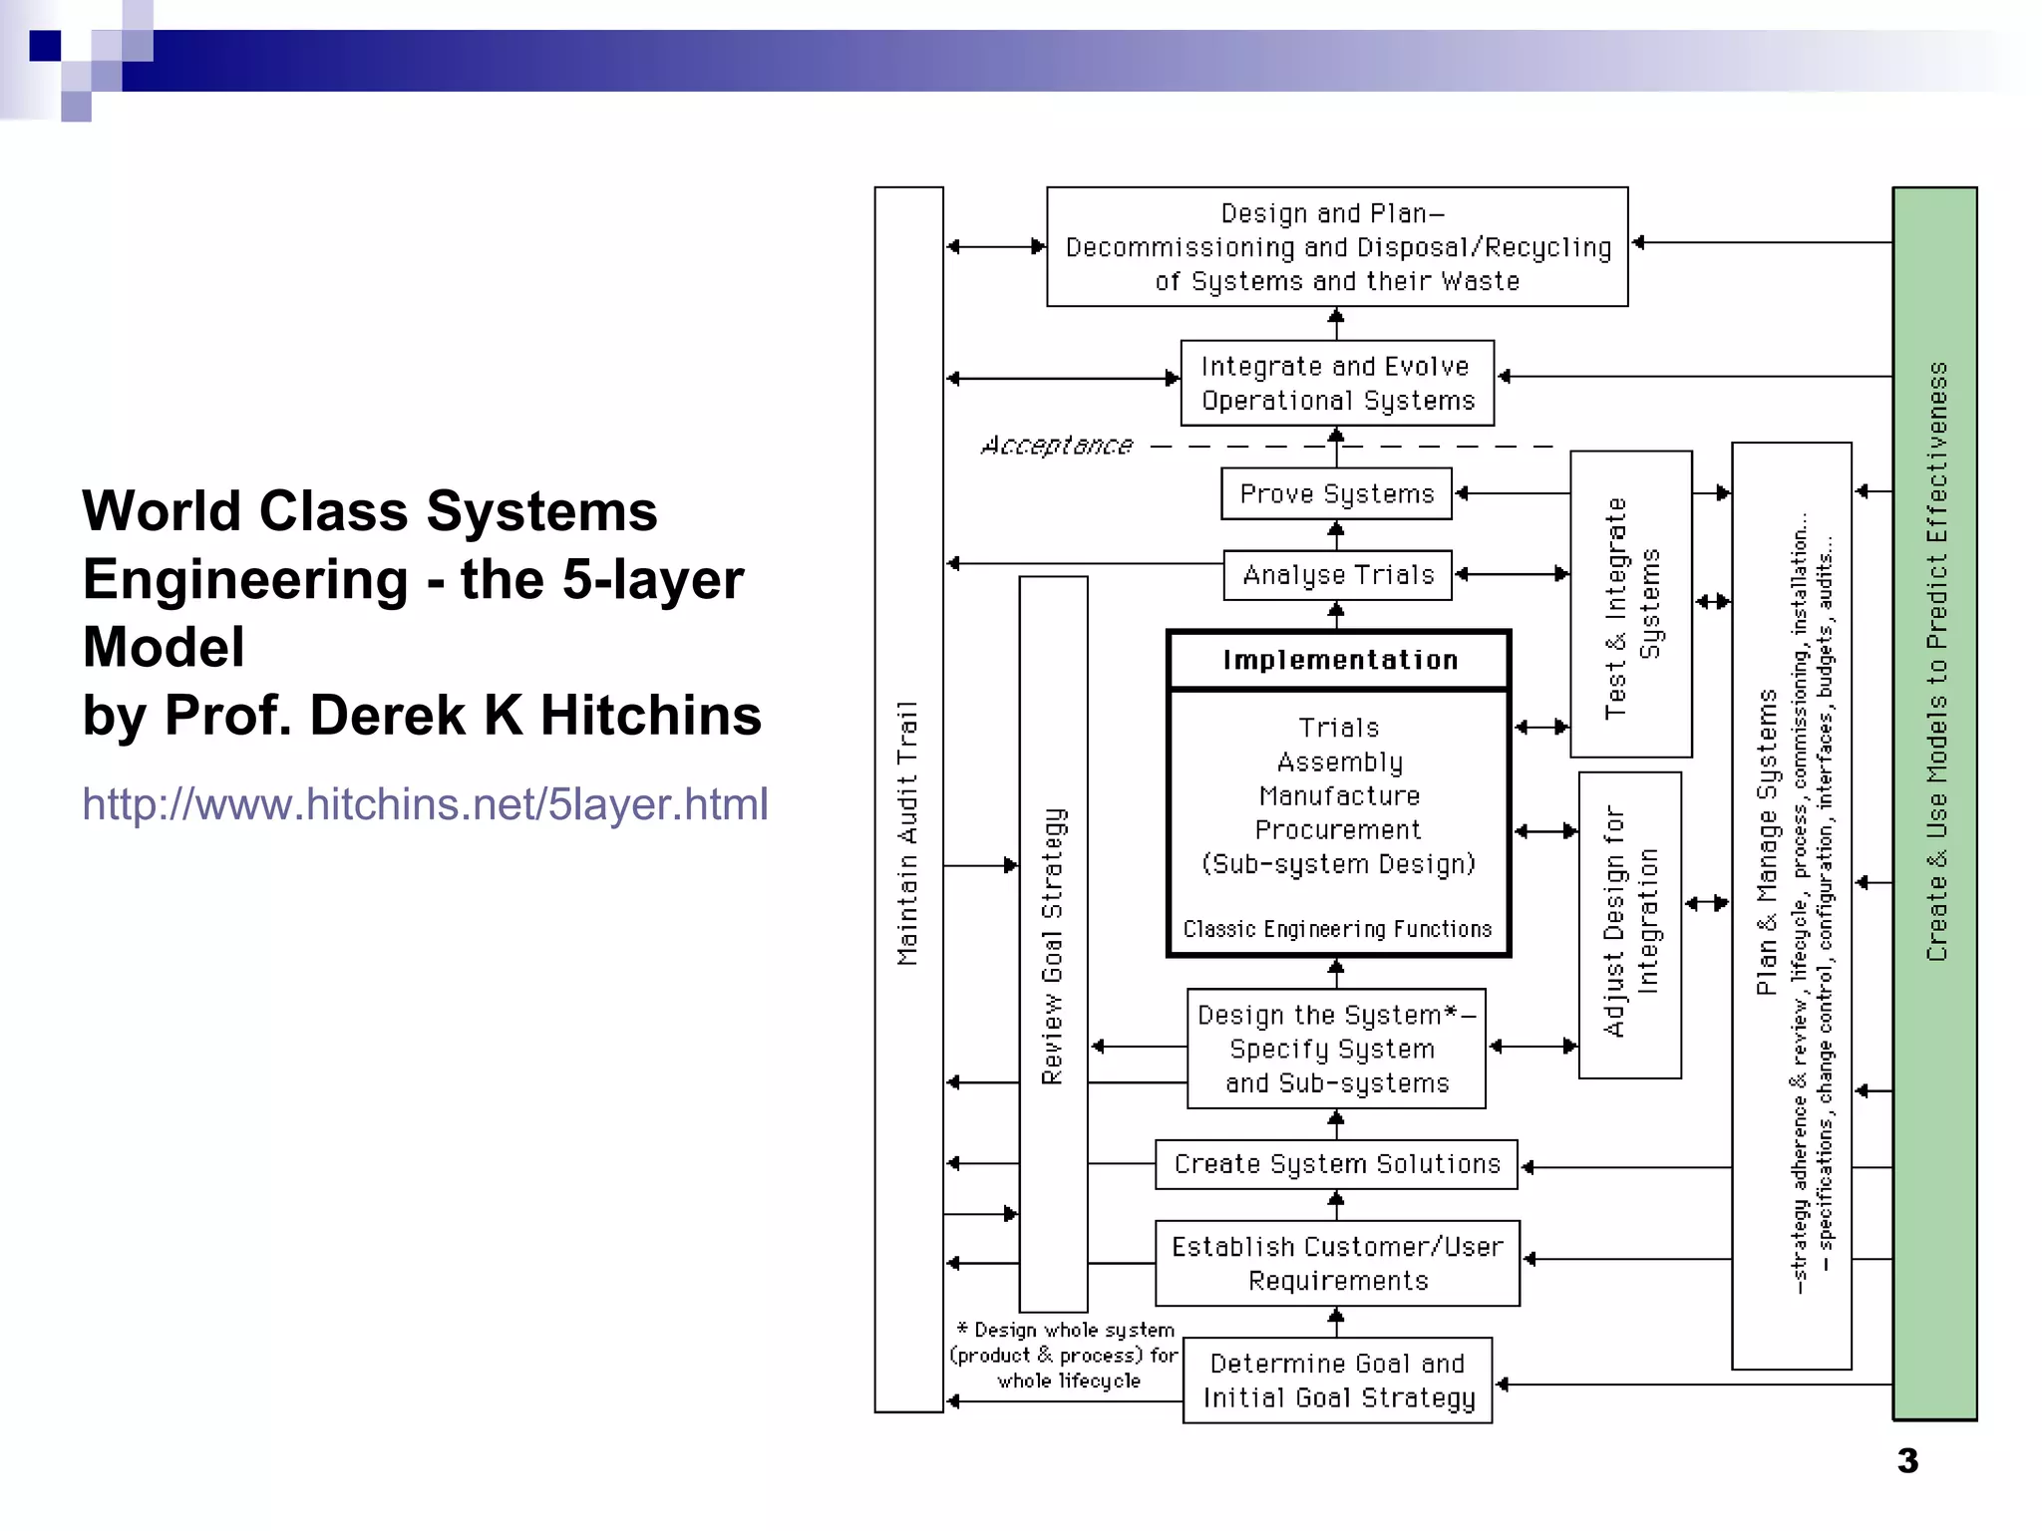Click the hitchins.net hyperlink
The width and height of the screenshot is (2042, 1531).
point(425,804)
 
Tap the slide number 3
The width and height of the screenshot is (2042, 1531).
point(1906,1461)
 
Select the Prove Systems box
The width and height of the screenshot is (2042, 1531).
point(1336,494)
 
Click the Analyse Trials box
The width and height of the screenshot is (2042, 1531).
point(1337,575)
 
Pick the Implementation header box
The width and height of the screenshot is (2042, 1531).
point(1339,660)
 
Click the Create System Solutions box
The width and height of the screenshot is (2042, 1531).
point(1336,1164)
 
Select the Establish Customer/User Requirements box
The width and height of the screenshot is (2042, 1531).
point(1337,1263)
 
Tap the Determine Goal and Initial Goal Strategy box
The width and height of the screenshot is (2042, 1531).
point(1337,1380)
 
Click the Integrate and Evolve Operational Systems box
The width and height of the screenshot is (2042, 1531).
point(1336,384)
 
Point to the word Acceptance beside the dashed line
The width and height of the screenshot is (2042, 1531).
point(1057,446)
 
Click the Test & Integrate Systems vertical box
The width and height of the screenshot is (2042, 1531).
point(1630,605)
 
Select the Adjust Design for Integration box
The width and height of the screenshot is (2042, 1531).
point(1629,924)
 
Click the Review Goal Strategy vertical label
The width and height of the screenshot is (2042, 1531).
point(1053,945)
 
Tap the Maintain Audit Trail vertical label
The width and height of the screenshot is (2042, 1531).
point(907,832)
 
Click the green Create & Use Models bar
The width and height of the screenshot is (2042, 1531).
point(1934,802)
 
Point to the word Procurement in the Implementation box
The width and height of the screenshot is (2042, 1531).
point(1337,830)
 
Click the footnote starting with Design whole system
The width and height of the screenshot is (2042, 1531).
point(1065,1356)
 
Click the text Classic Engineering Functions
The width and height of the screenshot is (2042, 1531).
point(1337,929)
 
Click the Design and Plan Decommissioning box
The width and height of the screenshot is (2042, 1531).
point(1336,247)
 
